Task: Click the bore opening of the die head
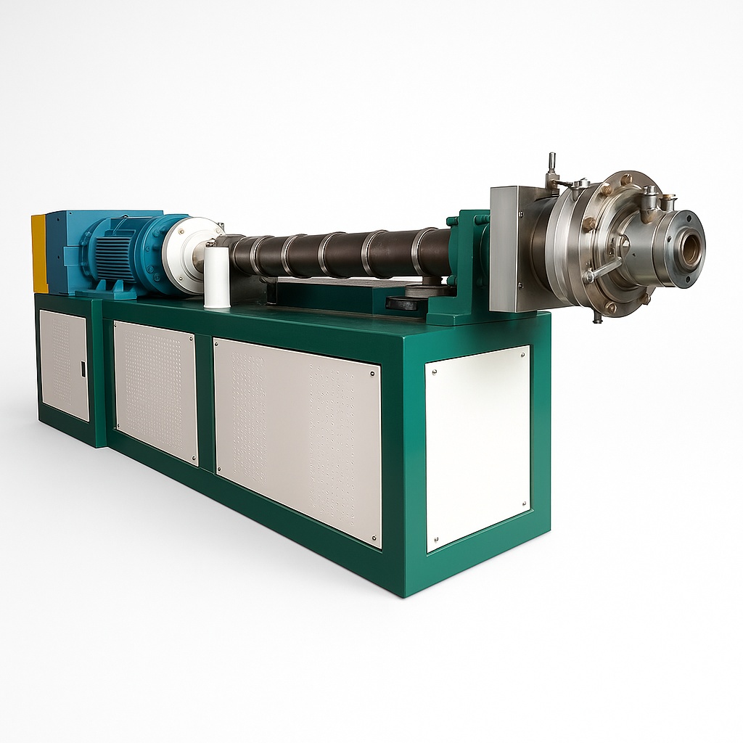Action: click(690, 250)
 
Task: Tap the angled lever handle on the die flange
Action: click(604, 270)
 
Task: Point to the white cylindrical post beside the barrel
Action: click(216, 277)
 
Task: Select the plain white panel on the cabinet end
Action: click(478, 448)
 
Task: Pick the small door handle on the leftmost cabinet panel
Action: click(83, 369)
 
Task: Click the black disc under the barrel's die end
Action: click(402, 303)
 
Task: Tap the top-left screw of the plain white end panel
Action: click(435, 371)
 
